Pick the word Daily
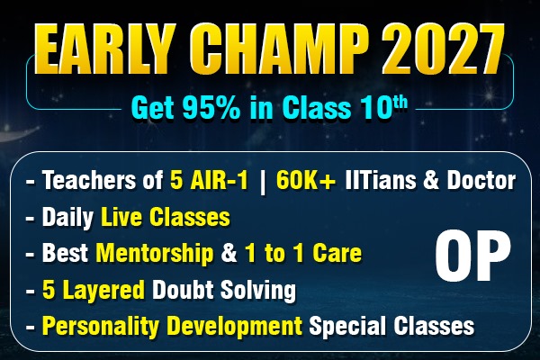coord(65,219)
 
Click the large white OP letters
coord(467,256)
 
